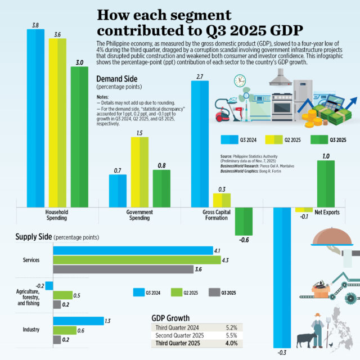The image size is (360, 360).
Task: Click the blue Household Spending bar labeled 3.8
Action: [35, 118]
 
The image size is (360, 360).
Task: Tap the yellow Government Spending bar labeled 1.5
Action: [140, 172]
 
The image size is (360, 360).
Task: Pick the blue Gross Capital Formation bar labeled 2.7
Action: [200, 143]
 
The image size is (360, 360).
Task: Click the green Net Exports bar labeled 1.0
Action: [325, 183]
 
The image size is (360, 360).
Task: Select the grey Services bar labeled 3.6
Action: [123, 269]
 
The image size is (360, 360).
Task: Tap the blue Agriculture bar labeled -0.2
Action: [49, 286]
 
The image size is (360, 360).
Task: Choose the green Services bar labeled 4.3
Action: [137, 260]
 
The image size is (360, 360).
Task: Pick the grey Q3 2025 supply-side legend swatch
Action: [214, 292]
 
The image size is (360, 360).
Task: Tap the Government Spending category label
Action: [139, 215]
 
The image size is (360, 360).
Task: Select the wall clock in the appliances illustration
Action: [241, 80]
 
